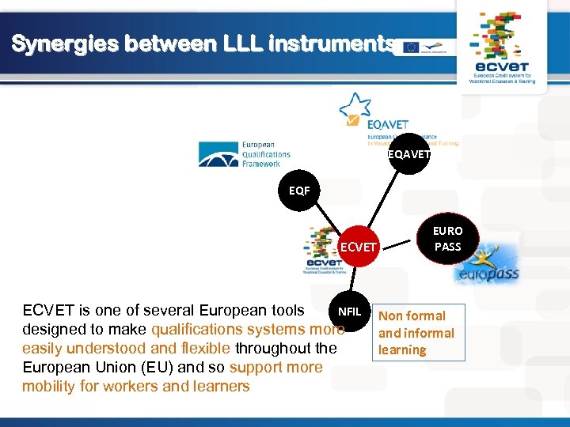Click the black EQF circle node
299,191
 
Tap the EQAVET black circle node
409,154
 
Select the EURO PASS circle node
447,239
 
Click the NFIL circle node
349,312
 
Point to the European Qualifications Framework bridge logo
218,153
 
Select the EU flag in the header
411,47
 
